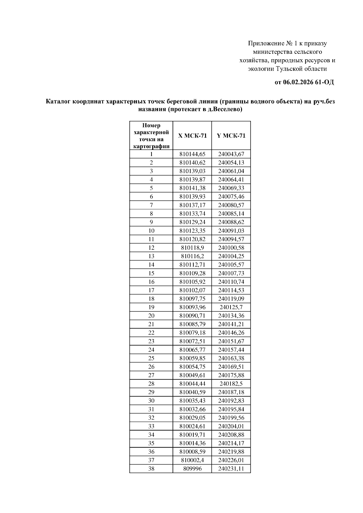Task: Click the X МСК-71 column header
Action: (192, 136)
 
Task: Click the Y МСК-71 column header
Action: (231, 136)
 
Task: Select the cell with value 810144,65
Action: (192, 154)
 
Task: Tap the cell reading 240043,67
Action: (231, 154)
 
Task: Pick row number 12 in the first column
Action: (151, 248)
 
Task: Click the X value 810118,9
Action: (192, 248)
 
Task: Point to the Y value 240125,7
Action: (231, 307)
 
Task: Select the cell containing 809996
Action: (192, 469)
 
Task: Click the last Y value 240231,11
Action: (231, 469)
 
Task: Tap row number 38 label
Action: (151, 469)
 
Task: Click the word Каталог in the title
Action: (58, 102)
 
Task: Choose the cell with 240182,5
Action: (231, 384)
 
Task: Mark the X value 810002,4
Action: (192, 460)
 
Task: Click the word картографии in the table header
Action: (151, 147)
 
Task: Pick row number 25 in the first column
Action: (151, 358)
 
